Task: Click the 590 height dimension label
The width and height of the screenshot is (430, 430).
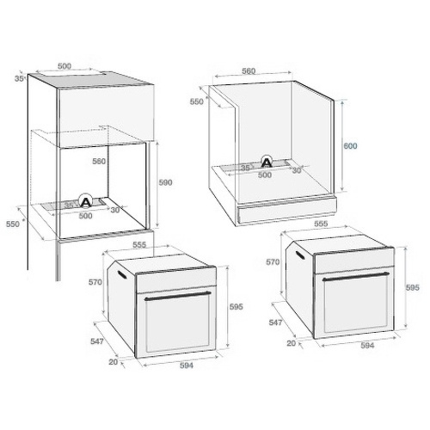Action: pos(165,182)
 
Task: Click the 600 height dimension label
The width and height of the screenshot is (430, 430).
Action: pos(350,146)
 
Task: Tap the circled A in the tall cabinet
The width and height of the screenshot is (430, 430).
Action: pos(85,202)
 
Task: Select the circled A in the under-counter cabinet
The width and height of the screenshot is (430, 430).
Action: pos(267,163)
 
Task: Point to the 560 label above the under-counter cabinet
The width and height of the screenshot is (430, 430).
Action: pos(249,71)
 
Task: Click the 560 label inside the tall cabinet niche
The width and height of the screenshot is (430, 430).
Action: pos(99,162)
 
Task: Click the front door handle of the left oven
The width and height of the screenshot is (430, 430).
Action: pos(178,296)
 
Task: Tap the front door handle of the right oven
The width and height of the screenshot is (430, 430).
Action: pos(356,276)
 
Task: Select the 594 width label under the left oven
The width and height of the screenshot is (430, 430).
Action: pos(187,365)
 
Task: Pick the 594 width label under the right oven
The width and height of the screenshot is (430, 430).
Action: pos(367,346)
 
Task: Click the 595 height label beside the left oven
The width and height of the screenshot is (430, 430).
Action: pos(236,307)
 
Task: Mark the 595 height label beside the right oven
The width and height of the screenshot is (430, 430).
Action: pos(412,287)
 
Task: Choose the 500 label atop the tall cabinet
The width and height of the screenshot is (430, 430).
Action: pos(64,66)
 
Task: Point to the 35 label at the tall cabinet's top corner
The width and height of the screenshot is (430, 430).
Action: pos(19,78)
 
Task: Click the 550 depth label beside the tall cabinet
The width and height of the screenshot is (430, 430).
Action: pos(13,224)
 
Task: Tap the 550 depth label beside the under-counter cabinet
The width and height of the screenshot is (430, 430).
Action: pos(197,101)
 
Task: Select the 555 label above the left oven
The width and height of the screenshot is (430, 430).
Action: pos(139,245)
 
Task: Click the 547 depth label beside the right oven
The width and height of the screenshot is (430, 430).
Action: pos(275,322)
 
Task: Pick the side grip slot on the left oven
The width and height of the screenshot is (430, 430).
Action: pos(122,273)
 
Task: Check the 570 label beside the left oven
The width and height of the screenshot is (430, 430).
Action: pos(95,282)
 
